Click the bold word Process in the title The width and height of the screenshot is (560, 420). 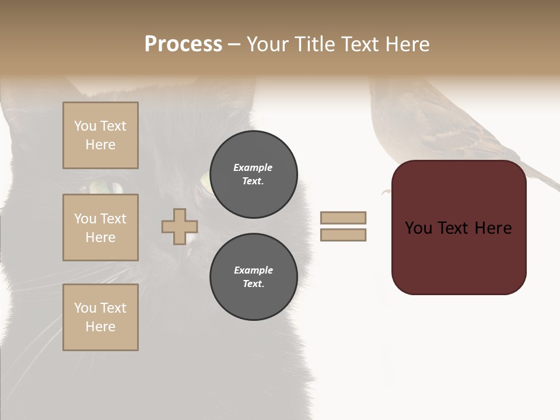coord(183,44)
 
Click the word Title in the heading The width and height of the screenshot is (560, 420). coord(314,44)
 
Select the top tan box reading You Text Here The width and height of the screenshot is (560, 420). coord(100,135)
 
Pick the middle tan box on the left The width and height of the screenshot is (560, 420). coord(100,228)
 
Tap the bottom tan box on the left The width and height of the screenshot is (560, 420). coord(100,317)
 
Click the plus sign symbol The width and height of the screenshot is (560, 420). coord(180,226)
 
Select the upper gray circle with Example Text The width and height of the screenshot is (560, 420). coord(254,174)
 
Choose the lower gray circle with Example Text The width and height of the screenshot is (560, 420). coord(254,277)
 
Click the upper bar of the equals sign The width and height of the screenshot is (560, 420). coord(344,218)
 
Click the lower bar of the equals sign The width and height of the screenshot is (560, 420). coord(344,235)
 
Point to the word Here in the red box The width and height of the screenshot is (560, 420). coord(493,228)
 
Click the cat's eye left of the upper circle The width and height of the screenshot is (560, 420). coord(205,182)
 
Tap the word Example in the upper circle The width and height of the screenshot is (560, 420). coord(253,167)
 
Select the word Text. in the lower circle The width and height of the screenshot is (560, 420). coord(253,284)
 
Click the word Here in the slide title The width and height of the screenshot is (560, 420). coord(406,44)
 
